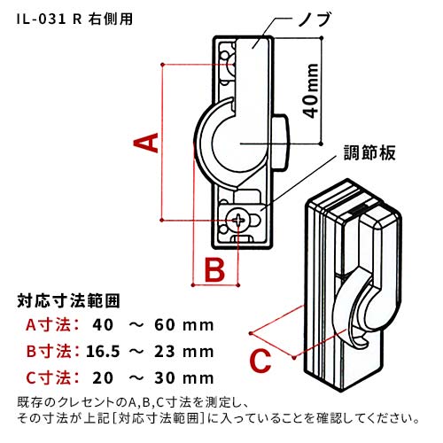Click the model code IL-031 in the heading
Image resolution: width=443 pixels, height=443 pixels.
pyautogui.click(x=41, y=19)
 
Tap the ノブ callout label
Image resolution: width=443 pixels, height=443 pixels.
pyautogui.click(x=314, y=19)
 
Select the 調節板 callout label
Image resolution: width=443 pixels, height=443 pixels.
pyautogui.click(x=369, y=153)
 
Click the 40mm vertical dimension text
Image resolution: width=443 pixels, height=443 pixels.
pyautogui.click(x=311, y=90)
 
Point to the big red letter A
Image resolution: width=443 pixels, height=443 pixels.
pyautogui.click(x=146, y=143)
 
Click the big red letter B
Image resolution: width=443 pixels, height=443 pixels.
pyautogui.click(x=214, y=269)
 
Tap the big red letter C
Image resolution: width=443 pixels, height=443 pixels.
pyautogui.click(x=260, y=361)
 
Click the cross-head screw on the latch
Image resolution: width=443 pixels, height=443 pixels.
pyautogui.click(x=237, y=221)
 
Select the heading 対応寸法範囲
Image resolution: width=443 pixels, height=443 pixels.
pyautogui.click(x=68, y=301)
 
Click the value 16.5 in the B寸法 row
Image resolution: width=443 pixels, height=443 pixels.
pyautogui.click(x=103, y=352)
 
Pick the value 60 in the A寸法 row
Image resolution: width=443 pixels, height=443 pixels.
pyautogui.click(x=165, y=325)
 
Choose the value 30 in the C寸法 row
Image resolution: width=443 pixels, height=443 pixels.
pyautogui.click(x=165, y=378)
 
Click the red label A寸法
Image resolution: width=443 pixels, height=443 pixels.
pyautogui.click(x=50, y=325)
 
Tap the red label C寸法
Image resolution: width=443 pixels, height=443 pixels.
pyautogui.click(x=50, y=378)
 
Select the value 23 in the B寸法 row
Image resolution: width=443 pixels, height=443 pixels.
pyautogui.click(x=165, y=352)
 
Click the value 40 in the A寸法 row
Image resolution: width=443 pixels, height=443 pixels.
pyautogui.click(x=103, y=325)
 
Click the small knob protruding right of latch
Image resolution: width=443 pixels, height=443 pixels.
pyautogui.click(x=281, y=143)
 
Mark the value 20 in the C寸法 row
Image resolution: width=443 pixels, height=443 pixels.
pyautogui.click(x=103, y=378)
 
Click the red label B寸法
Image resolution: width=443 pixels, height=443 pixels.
pyautogui.click(x=50, y=352)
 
